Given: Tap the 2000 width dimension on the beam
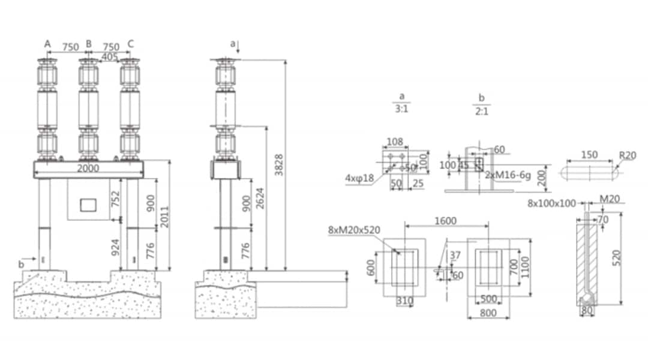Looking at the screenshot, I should [x=88, y=169].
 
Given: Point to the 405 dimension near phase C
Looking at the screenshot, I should [x=110, y=56].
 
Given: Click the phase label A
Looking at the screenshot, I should [x=47, y=43].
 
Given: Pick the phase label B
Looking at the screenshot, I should [x=88, y=43].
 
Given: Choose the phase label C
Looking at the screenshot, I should [x=131, y=43].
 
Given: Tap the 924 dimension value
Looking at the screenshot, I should [x=116, y=246].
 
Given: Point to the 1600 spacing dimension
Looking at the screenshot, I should [x=444, y=221].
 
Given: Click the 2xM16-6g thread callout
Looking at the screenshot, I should [x=508, y=175].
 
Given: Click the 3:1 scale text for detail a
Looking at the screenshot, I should [x=402, y=110].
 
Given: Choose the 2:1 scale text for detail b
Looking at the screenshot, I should [x=481, y=110].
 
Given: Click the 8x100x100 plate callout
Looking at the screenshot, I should [x=552, y=203].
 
